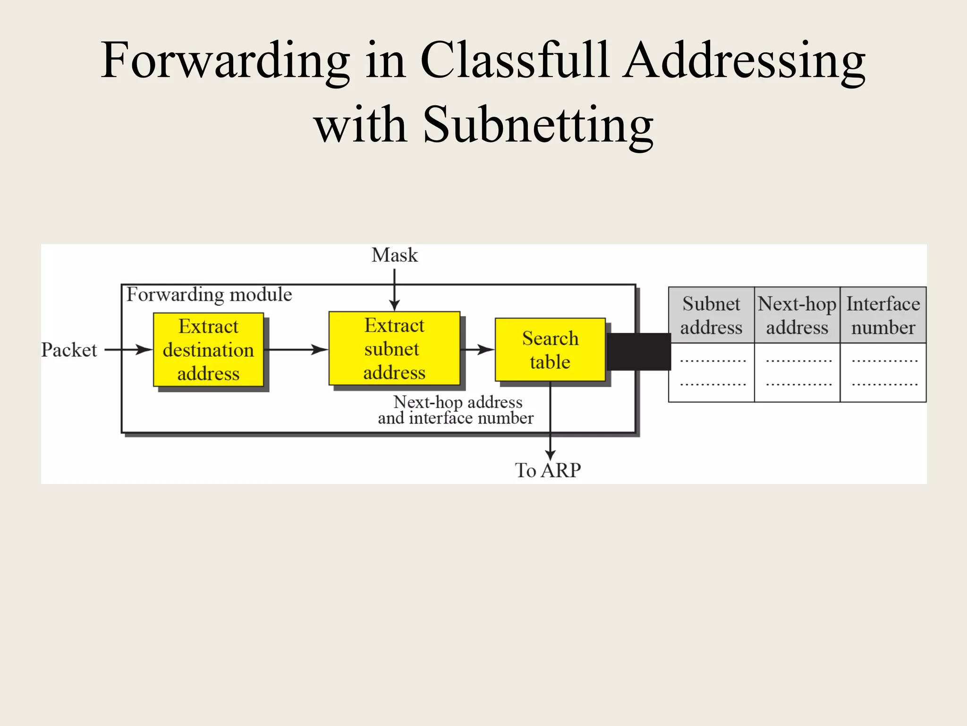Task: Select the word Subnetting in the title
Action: point(538,125)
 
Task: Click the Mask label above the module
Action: point(394,255)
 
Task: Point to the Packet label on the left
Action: point(69,350)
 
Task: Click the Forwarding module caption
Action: point(209,294)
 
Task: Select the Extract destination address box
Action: point(208,350)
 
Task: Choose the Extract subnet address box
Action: point(394,349)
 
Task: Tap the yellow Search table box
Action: point(550,350)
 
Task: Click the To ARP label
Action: point(548,470)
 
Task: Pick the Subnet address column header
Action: point(711,315)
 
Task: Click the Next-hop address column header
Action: point(797,315)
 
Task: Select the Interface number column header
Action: point(883,315)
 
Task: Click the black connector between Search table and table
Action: point(638,352)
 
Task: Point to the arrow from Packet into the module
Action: point(127,350)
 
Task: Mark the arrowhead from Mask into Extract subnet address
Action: point(394,305)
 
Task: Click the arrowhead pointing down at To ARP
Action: point(550,455)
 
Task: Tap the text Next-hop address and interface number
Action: point(456,410)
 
